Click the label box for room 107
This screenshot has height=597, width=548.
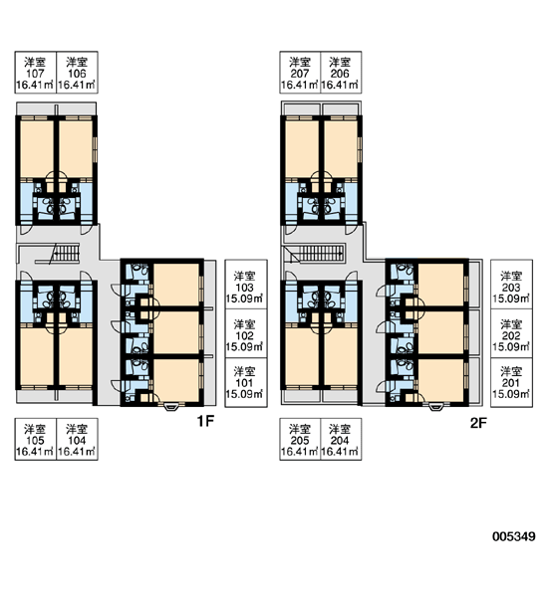tap(36, 73)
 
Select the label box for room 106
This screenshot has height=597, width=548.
tap(77, 73)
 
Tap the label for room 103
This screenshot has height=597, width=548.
tap(245, 285)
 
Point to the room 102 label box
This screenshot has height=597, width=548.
tap(245, 333)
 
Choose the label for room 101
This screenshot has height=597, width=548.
tap(245, 383)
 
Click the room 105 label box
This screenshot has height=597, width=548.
tap(36, 439)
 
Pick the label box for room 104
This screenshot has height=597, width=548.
tap(77, 439)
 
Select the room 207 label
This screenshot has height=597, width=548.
tap(300, 73)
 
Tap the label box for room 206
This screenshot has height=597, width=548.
tap(341, 73)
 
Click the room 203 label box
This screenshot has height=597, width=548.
tap(511, 285)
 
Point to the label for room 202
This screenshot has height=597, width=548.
tap(511, 333)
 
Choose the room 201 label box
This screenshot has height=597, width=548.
tap(511, 383)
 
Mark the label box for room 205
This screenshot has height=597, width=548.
tap(300, 439)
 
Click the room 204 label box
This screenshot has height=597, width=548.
tap(341, 439)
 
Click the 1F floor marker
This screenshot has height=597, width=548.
tap(205, 421)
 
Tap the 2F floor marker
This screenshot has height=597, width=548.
tap(478, 423)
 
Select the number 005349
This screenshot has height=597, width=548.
tap(514, 536)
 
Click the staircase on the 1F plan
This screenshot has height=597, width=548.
tap(65, 252)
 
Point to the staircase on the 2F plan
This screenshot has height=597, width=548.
tap(321, 253)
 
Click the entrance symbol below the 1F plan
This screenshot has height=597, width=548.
tap(170, 407)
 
